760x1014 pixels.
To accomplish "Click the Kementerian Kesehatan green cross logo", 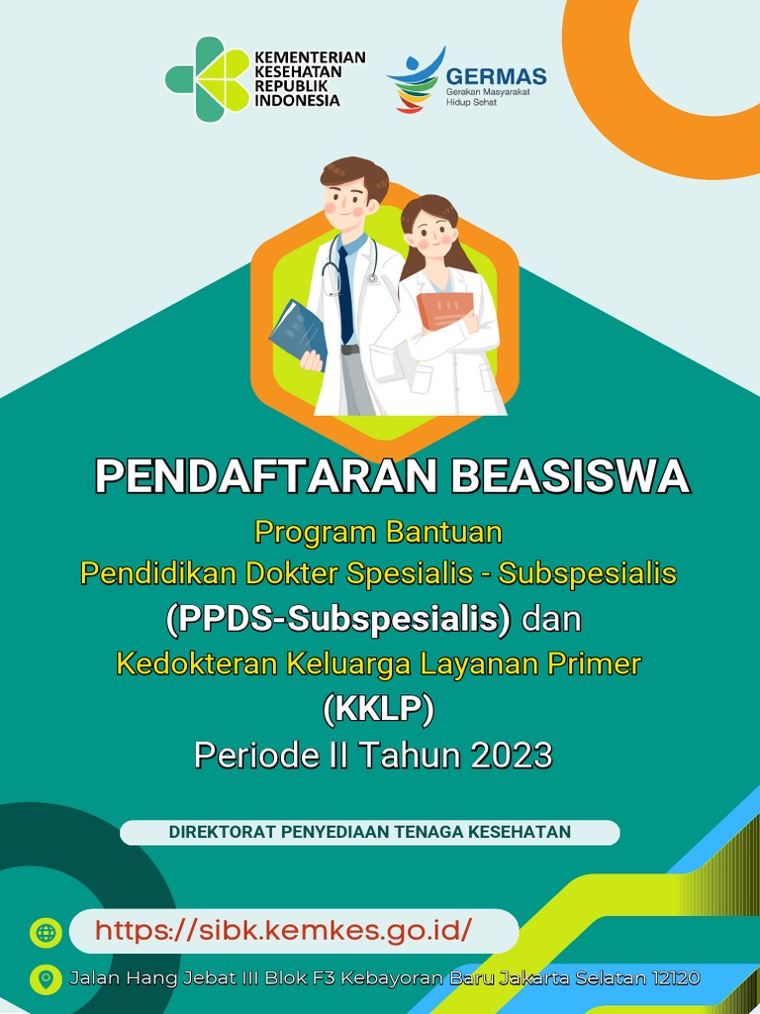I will pyautogui.click(x=208, y=79).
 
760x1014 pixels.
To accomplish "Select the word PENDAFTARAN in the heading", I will pyautogui.click(x=265, y=476).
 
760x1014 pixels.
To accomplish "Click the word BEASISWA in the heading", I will pyautogui.click(x=570, y=476).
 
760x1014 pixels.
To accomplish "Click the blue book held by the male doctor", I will pyautogui.click(x=298, y=333).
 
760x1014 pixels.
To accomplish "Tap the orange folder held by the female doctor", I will pyautogui.click(x=444, y=310).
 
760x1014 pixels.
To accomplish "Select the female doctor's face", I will pyautogui.click(x=432, y=235).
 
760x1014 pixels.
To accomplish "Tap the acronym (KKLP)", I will pyautogui.click(x=379, y=710).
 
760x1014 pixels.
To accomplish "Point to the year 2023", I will pyautogui.click(x=510, y=756).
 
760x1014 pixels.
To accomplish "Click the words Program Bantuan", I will pyautogui.click(x=378, y=532).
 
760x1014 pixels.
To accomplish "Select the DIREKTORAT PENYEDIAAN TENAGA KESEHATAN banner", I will pyautogui.click(x=370, y=832).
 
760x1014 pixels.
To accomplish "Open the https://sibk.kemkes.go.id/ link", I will pyautogui.click(x=283, y=931).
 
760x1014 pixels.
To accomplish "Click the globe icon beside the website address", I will pyautogui.click(x=46, y=932).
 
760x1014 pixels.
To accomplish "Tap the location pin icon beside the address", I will pyautogui.click(x=46, y=979).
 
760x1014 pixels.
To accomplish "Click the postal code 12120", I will pyautogui.click(x=676, y=978).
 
